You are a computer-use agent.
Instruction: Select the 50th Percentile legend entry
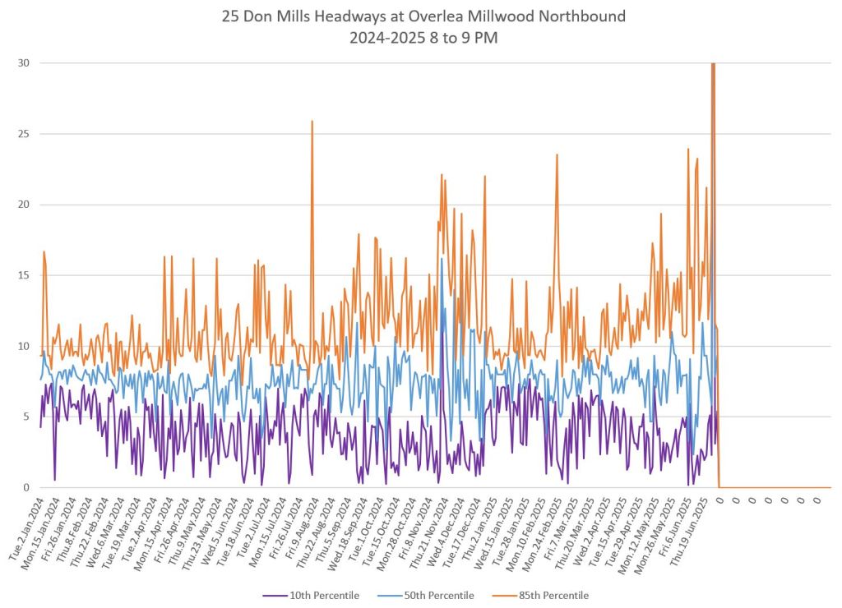click(x=436, y=595)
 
